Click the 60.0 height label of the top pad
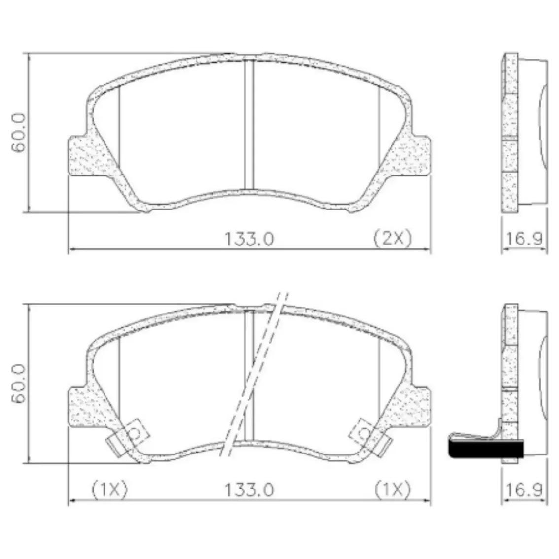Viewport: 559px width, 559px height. (18, 133)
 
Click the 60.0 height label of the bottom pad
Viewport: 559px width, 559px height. (18, 383)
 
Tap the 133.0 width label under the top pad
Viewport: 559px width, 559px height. (249, 239)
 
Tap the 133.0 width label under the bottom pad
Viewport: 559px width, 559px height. (249, 490)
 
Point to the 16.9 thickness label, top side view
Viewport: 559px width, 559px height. (524, 239)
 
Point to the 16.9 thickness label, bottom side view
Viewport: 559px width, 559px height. (524, 490)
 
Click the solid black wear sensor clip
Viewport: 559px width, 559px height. (486, 449)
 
